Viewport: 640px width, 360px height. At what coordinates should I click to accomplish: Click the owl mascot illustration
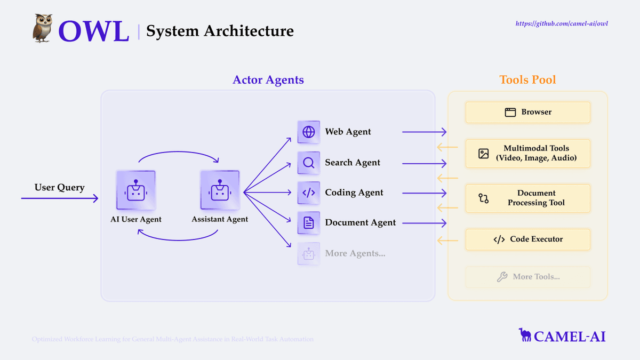click(43, 29)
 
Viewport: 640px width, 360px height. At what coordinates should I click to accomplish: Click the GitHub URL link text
click(562, 24)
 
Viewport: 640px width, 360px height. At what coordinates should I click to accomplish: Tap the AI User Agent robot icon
click(135, 190)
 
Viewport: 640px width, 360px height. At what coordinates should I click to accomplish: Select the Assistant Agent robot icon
click(219, 190)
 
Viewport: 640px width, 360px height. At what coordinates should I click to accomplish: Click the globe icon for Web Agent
click(309, 132)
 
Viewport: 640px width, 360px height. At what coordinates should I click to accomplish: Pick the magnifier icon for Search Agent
click(309, 163)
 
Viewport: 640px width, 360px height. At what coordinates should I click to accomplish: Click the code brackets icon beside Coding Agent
click(309, 193)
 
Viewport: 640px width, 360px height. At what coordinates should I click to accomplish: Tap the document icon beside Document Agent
click(309, 223)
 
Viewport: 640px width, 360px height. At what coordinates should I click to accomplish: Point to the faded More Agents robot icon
click(309, 254)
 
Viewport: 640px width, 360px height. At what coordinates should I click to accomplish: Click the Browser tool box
click(528, 112)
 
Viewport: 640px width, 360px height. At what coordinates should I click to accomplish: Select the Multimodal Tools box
click(528, 154)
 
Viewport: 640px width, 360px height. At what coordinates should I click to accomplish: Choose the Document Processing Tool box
click(528, 198)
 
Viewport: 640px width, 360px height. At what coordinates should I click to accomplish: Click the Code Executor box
click(528, 239)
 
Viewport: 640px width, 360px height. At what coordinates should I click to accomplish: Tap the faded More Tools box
click(528, 277)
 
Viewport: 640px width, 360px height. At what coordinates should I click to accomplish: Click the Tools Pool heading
click(527, 80)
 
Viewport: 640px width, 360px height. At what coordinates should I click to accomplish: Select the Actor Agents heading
click(268, 80)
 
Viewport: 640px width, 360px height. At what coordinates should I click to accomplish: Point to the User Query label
click(59, 187)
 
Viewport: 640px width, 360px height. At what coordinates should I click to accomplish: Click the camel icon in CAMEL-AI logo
click(525, 335)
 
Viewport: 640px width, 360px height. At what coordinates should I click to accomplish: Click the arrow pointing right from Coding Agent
click(425, 193)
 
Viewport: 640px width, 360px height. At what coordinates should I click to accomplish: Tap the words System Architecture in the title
click(220, 31)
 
